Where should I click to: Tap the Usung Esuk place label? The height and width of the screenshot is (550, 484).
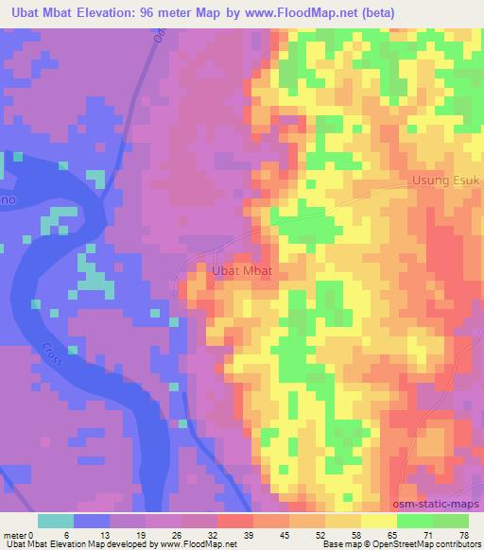pos(447,180)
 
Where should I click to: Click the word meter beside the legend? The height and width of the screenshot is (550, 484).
pos(16,535)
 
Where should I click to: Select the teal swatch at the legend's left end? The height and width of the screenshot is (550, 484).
pos(56,521)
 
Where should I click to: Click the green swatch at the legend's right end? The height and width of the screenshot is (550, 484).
pos(451,521)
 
